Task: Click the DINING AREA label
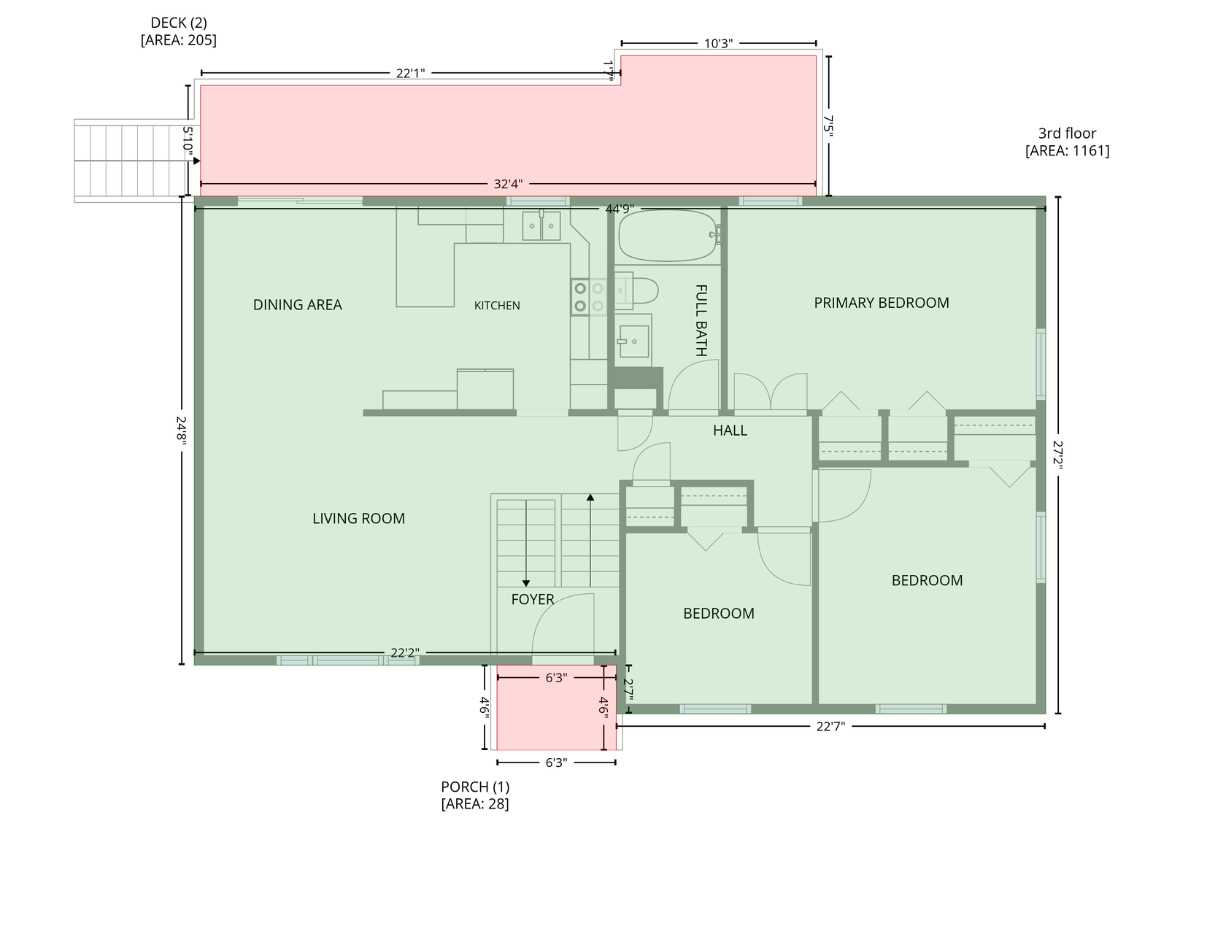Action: (297, 305)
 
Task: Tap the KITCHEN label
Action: (497, 306)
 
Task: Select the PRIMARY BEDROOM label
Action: (882, 303)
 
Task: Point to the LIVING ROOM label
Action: (359, 518)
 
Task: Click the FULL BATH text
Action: (701, 320)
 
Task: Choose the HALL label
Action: (730, 431)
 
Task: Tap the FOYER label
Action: (533, 599)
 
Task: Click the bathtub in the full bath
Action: (668, 236)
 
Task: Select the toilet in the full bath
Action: (636, 290)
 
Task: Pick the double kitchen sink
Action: (541, 225)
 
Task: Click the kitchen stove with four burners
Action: (589, 297)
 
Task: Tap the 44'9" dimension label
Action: (620, 209)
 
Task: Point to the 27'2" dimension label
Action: (1057, 455)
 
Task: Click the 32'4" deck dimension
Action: (508, 184)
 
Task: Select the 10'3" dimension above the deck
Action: (719, 43)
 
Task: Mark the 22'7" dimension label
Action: (830, 726)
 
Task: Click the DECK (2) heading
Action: (179, 23)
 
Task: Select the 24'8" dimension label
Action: (181, 431)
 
